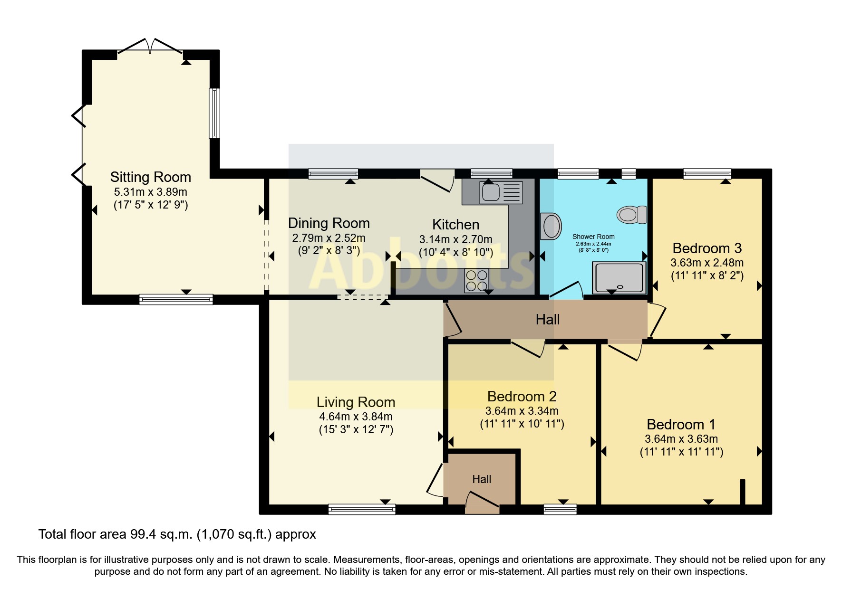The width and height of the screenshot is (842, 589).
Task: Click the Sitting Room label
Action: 151,177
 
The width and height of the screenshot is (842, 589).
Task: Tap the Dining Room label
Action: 329,223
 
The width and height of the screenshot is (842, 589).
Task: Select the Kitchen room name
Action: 455,225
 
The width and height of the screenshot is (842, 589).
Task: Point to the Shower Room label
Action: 593,237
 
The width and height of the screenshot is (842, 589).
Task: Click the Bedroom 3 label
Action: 707,248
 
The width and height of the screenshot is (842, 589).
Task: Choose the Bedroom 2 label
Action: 522,397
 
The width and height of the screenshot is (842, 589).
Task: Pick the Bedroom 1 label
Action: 681,425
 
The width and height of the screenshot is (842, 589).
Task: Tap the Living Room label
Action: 356,402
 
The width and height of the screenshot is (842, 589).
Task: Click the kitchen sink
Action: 501,192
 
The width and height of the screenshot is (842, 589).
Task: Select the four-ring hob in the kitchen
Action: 476,280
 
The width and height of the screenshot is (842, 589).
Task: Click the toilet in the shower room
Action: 632,215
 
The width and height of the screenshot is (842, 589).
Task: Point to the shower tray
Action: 619,278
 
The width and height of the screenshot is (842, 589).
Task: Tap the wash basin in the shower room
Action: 551,226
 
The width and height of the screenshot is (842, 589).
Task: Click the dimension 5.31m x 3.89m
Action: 151,192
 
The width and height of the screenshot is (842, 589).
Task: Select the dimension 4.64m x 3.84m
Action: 356,417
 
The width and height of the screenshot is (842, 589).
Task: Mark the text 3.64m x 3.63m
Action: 681,439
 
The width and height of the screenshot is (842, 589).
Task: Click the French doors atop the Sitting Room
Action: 150,46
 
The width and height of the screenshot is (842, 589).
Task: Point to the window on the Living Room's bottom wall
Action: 362,510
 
